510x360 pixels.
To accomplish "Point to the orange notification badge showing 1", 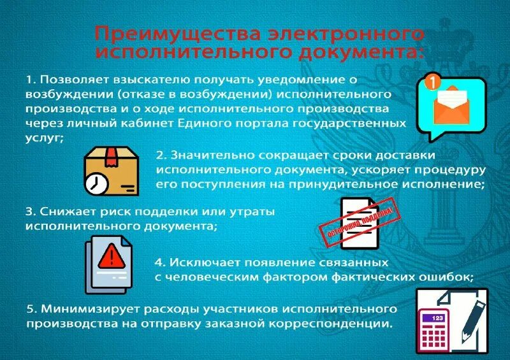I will click(x=432, y=83).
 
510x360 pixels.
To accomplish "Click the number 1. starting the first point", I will click(x=30, y=80).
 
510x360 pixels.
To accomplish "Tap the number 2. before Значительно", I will click(x=161, y=155).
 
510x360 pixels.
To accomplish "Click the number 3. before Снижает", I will click(x=29, y=212).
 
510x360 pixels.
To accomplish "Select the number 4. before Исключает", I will click(x=159, y=262).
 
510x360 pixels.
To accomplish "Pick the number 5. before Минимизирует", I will click(x=31, y=309).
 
